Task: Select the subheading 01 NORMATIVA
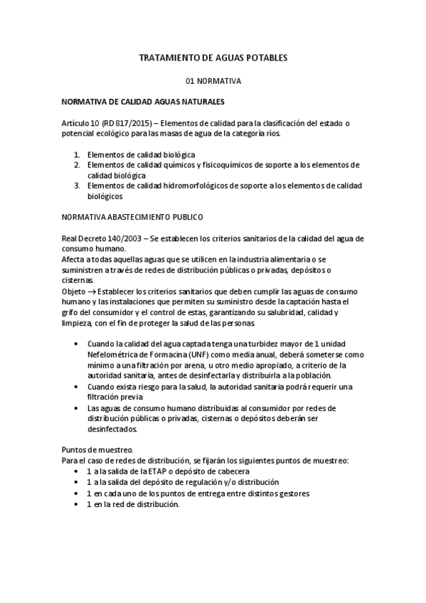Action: pyautogui.click(x=213, y=81)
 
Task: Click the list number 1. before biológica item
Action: pyautogui.click(x=77, y=154)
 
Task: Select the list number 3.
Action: pyautogui.click(x=77, y=186)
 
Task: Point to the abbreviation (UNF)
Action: pyautogui.click(x=191, y=355)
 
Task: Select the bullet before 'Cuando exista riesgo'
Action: pyautogui.click(x=77, y=387)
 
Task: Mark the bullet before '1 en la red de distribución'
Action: pyautogui.click(x=77, y=504)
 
